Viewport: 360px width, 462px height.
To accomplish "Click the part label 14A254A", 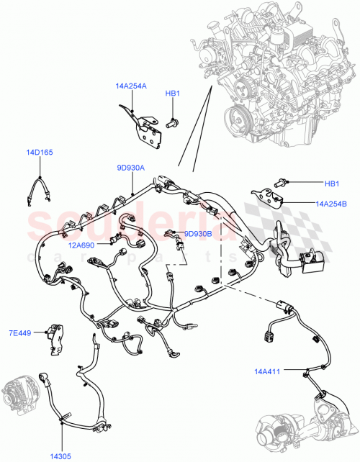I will [x=130, y=86].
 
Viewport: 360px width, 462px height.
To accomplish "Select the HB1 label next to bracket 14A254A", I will [x=172, y=93].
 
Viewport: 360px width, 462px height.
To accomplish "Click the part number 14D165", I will [x=40, y=153].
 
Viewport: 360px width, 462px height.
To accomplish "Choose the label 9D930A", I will [x=130, y=168].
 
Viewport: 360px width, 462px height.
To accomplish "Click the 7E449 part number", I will [x=20, y=333].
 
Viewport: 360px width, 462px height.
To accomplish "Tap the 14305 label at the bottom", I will [x=60, y=456].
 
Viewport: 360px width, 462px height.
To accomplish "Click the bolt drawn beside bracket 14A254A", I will [x=172, y=123].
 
